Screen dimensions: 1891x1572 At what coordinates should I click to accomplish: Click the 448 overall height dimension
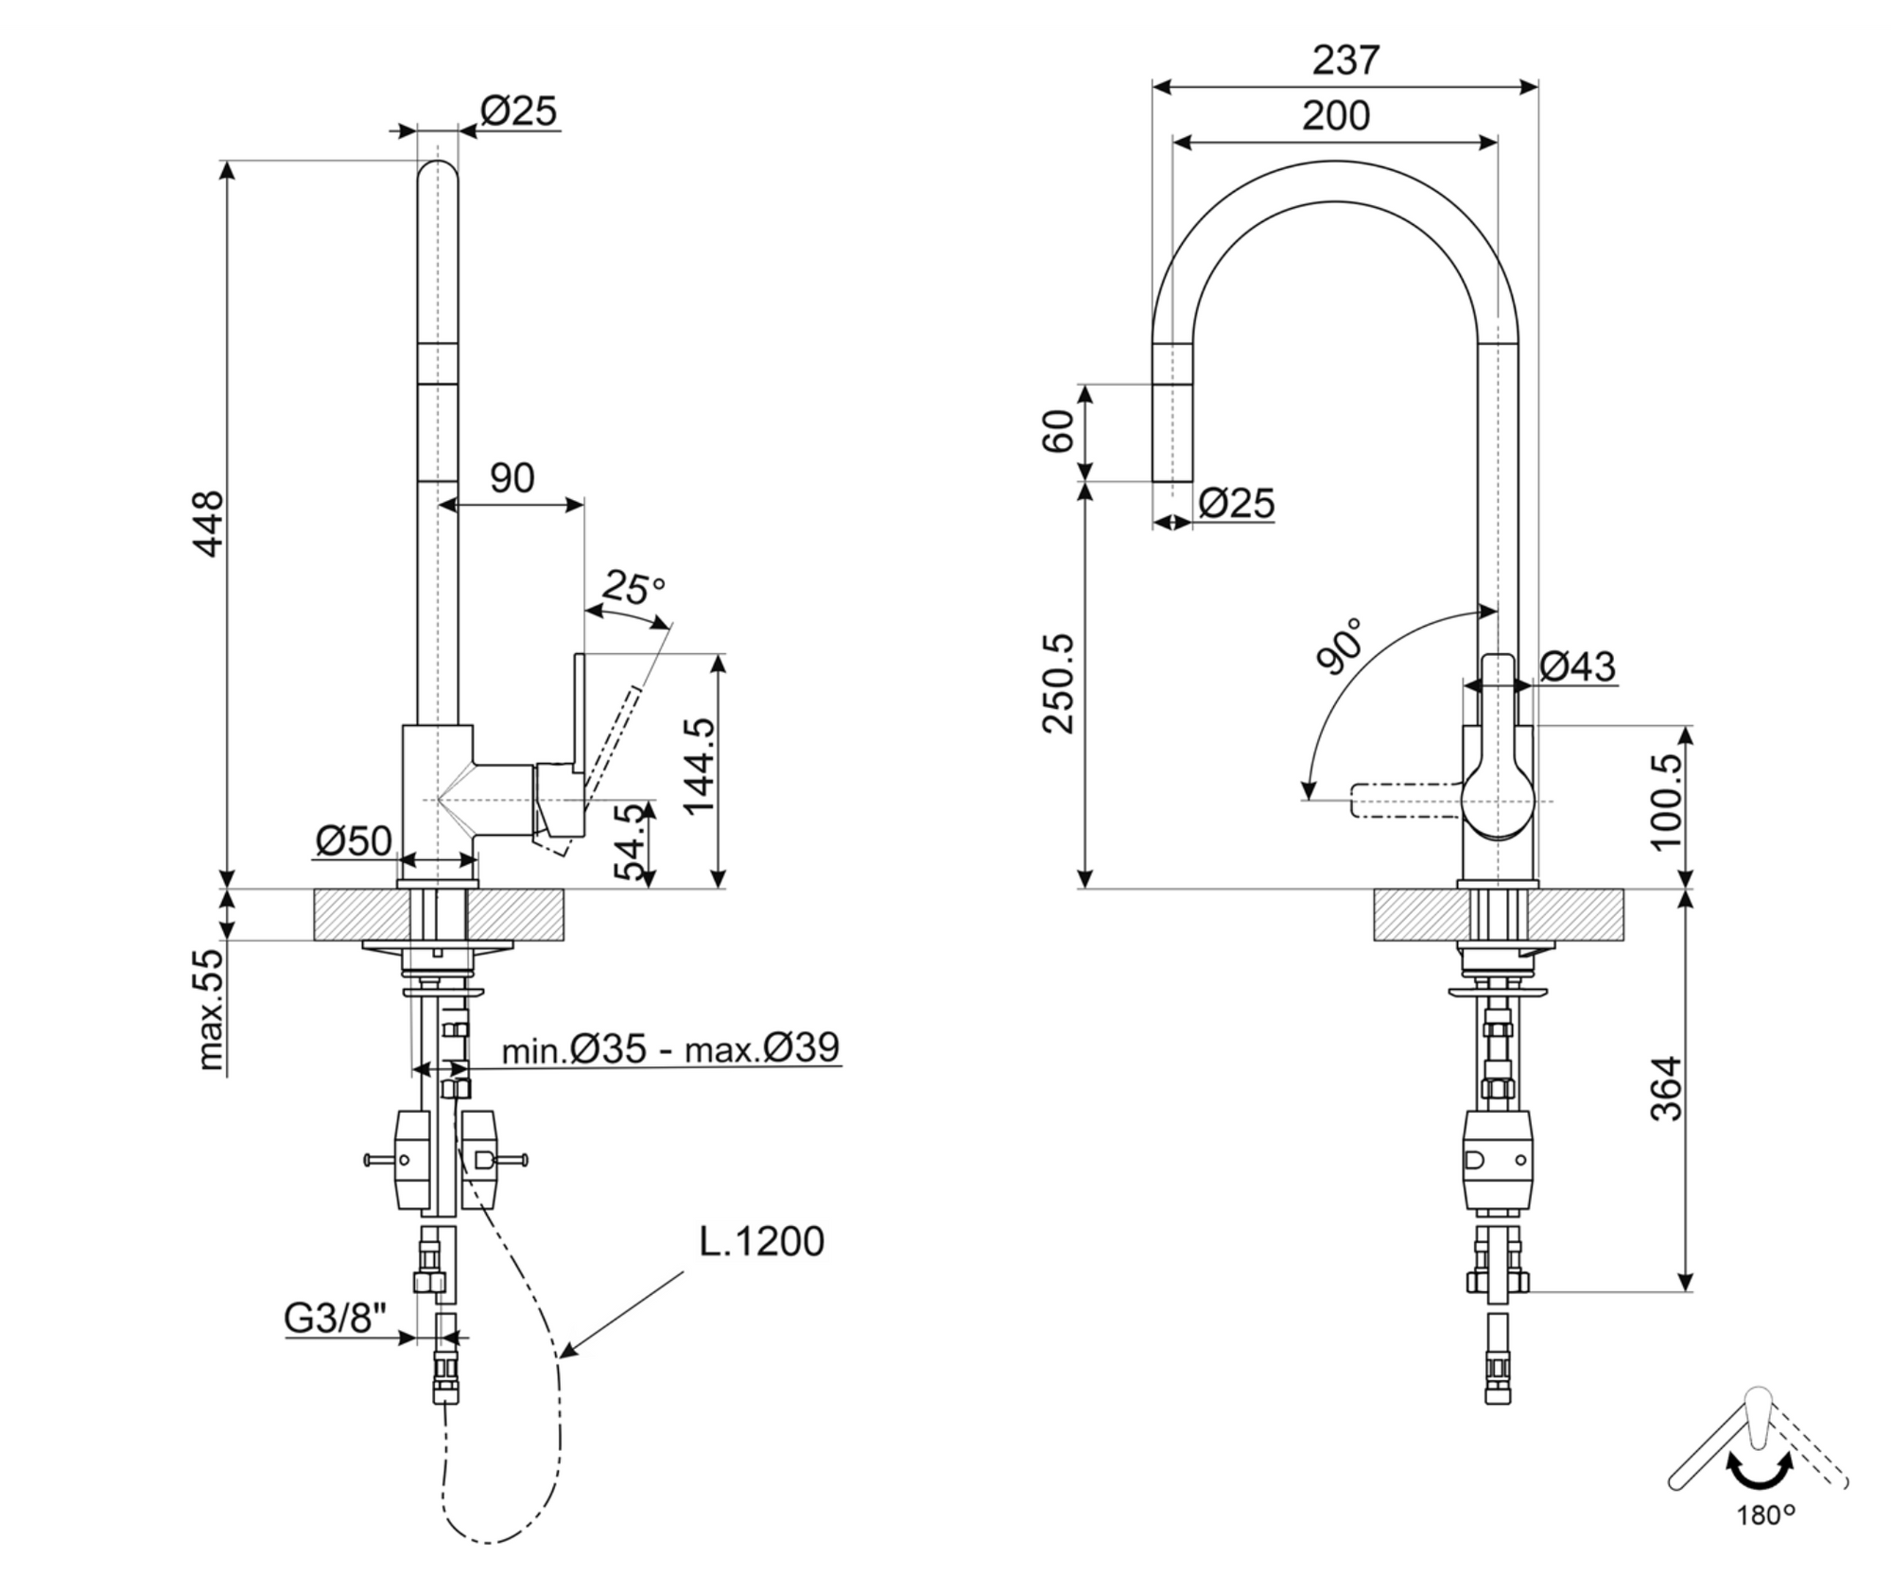207,523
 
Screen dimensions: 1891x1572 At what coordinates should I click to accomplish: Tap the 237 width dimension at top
1345,60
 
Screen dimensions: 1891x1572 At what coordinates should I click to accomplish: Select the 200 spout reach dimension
1335,115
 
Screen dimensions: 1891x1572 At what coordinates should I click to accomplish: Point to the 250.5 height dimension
1059,682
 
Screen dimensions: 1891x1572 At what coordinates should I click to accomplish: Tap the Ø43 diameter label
1577,666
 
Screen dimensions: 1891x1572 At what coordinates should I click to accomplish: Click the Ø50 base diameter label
353,840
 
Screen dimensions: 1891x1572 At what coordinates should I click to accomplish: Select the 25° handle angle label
633,588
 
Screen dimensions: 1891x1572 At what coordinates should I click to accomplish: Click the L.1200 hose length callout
761,1241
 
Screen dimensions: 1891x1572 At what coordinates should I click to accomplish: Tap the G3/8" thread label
336,1318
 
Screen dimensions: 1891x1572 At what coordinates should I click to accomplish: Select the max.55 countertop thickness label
212,1010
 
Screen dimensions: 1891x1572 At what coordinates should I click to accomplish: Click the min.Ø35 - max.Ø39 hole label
670,1048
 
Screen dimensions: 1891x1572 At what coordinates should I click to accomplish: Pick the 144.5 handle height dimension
701,766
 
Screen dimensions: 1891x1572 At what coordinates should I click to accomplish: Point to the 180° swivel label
1765,1516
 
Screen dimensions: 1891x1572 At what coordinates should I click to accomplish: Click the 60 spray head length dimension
1059,431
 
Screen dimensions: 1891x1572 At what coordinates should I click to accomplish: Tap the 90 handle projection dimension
512,478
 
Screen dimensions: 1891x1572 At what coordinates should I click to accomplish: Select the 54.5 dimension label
633,842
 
